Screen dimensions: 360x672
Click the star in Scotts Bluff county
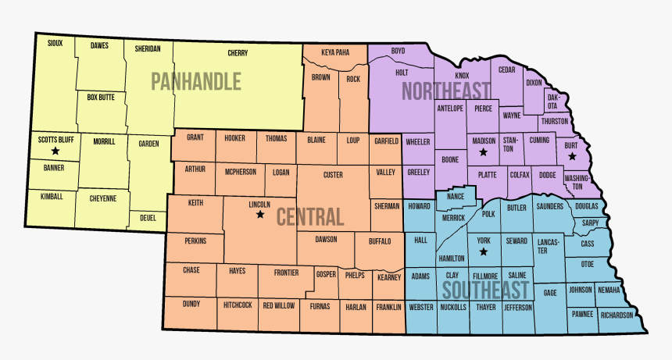point(55,151)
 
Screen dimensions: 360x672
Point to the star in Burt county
point(573,156)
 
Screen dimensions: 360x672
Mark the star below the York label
point(483,252)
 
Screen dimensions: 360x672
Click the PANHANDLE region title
point(196,81)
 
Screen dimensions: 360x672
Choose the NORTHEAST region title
point(445,91)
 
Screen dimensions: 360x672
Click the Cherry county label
point(238,53)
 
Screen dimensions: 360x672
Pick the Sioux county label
point(55,43)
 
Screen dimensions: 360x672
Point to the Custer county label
point(333,175)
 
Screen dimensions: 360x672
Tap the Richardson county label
point(617,315)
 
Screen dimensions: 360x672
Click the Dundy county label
point(191,304)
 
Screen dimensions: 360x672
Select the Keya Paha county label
point(335,52)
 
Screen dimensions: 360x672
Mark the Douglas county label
point(586,206)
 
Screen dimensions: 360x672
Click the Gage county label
point(550,293)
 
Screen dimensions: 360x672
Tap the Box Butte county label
point(101,98)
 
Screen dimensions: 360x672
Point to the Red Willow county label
point(279,305)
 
